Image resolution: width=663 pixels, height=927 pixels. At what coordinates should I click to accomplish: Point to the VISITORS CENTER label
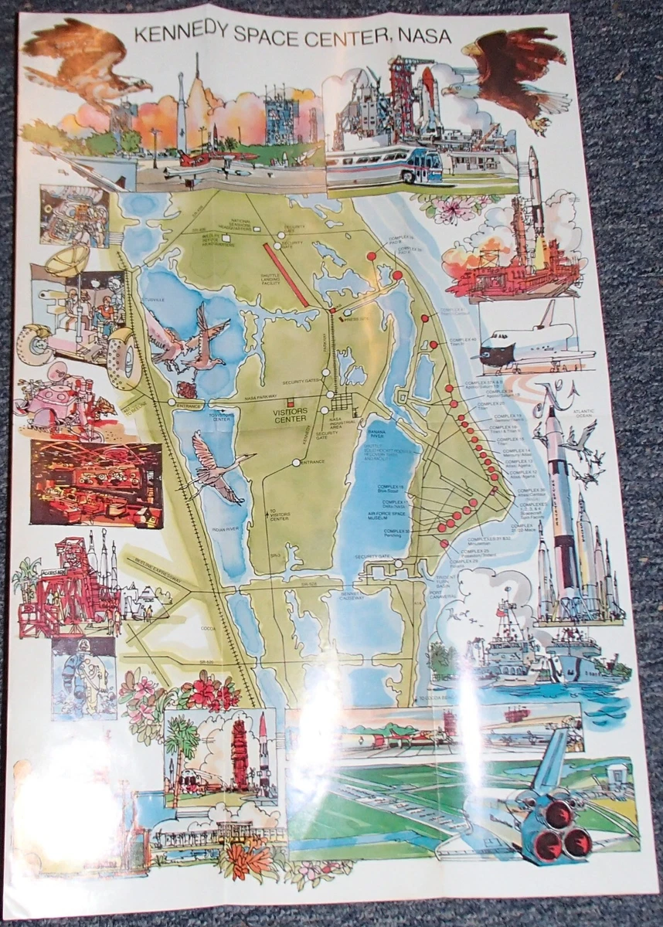(x=290, y=416)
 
